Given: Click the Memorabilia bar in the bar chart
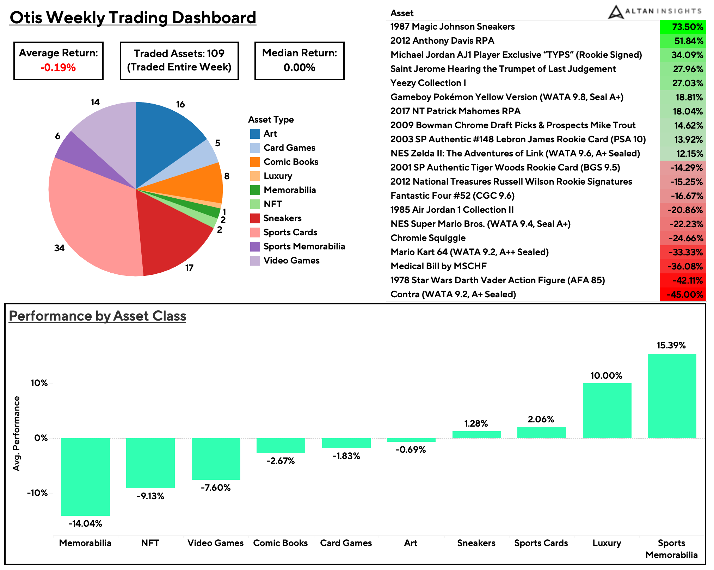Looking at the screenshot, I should (x=85, y=477).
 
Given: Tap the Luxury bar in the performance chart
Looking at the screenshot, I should (x=607, y=410).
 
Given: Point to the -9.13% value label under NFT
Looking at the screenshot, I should (x=150, y=496).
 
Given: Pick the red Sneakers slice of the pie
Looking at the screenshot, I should (x=169, y=240).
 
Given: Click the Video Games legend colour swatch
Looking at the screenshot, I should (x=255, y=261).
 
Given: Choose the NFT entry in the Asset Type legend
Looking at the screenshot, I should (x=272, y=204).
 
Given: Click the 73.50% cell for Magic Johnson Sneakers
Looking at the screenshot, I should (x=682, y=27).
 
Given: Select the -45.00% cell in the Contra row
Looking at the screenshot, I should (x=682, y=295).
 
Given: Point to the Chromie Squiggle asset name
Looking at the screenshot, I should (x=428, y=238).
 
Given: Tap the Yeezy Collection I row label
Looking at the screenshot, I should (x=428, y=83).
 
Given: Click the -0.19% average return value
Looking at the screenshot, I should (x=58, y=67).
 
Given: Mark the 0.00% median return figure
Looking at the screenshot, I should (x=299, y=67).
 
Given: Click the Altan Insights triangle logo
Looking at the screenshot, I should (x=615, y=12).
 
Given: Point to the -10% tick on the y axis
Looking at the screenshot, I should (x=37, y=493).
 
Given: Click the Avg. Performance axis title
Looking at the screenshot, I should (x=16, y=433).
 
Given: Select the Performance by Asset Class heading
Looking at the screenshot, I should (x=97, y=316).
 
